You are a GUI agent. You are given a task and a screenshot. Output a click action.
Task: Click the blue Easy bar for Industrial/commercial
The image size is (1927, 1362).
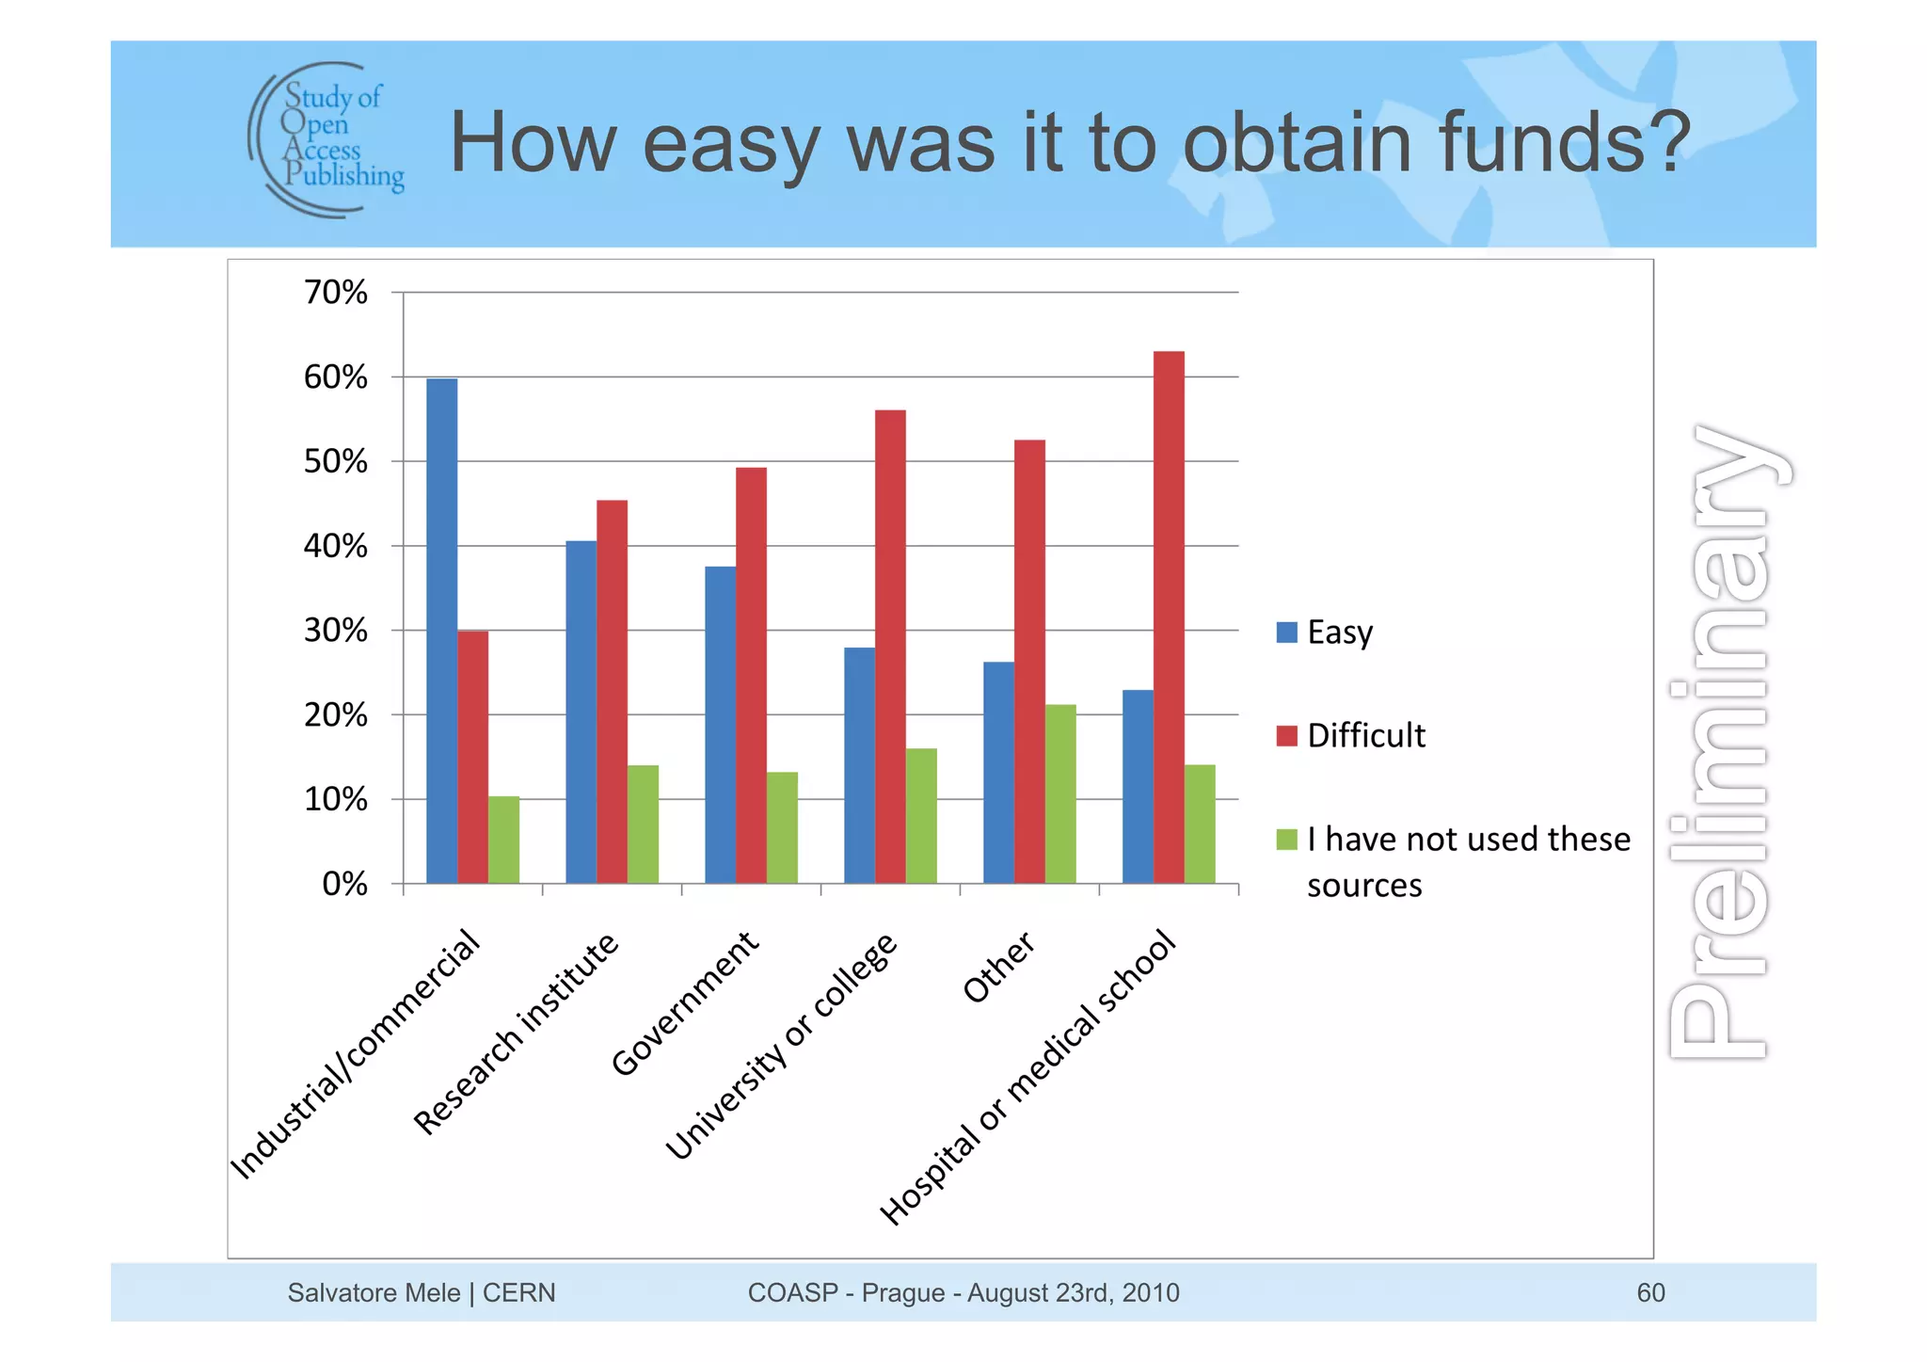(441, 631)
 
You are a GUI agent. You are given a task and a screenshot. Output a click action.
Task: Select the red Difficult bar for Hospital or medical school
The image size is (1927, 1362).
(1169, 617)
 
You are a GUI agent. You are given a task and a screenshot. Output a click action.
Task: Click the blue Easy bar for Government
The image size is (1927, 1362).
(720, 725)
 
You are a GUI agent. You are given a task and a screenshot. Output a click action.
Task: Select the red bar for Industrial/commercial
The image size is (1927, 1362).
(472, 757)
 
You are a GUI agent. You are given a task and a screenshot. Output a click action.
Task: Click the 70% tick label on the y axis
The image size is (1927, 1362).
(335, 293)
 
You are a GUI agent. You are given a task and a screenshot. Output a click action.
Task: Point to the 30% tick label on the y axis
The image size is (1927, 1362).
(335, 631)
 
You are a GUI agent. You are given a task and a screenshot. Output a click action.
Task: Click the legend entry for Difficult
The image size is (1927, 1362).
(1365, 735)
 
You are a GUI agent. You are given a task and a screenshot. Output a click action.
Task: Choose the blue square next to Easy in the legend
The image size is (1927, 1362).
(1286, 632)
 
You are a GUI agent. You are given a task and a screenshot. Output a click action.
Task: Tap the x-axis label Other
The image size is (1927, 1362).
(998, 968)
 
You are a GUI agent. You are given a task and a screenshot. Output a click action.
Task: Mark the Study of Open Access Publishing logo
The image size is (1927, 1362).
(326, 139)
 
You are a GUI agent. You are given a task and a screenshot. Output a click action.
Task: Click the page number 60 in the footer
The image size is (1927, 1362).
(1650, 1292)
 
